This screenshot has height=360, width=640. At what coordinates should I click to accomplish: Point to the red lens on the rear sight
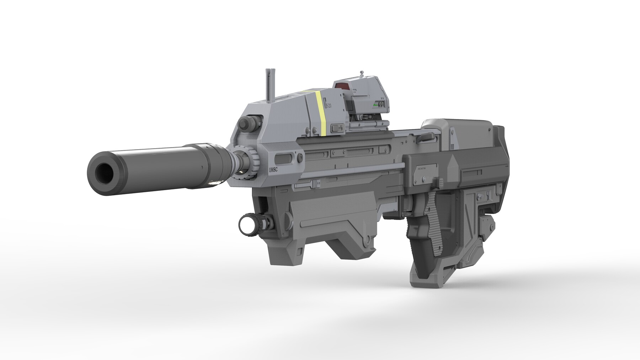[x=342, y=86]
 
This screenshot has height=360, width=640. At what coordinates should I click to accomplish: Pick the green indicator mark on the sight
[x=375, y=106]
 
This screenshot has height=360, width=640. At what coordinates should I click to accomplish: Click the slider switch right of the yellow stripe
[x=336, y=128]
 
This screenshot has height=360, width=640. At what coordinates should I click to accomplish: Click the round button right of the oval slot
[x=301, y=157]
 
